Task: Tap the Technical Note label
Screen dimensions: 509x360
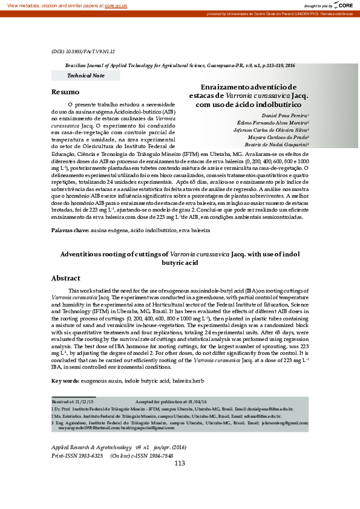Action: click(x=85, y=76)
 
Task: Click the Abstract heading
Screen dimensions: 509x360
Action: click(x=66, y=278)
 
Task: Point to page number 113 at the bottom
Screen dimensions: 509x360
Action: click(x=180, y=463)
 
